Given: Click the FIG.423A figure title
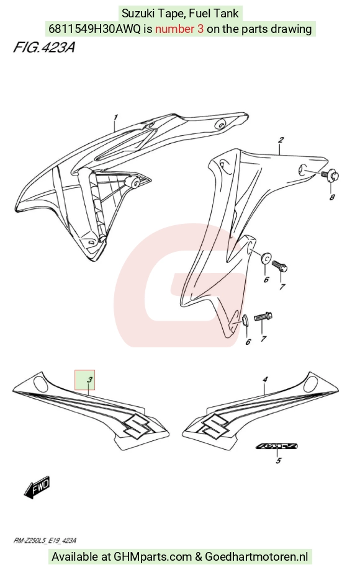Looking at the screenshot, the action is (44, 48).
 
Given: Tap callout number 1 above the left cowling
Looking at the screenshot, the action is (115, 117).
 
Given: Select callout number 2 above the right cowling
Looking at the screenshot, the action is (281, 140).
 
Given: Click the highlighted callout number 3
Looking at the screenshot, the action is (89, 380).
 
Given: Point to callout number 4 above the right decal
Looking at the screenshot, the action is (265, 380).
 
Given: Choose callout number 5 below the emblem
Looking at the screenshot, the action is (278, 461).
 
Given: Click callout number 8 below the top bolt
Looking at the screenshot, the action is (331, 197).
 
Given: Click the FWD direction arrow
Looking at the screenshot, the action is (37, 486).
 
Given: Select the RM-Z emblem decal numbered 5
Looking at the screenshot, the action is (277, 447).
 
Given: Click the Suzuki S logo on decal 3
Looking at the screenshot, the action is (136, 425).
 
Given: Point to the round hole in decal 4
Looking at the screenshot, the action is (312, 383).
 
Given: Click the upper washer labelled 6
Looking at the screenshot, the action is (266, 258).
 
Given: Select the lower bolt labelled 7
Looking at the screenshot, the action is (263, 316).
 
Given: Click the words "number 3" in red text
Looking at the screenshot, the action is (179, 29).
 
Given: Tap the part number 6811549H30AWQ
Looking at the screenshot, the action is (94, 29).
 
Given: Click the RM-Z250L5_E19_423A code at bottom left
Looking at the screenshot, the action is (45, 541).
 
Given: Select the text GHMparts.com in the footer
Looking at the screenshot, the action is (152, 556).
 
